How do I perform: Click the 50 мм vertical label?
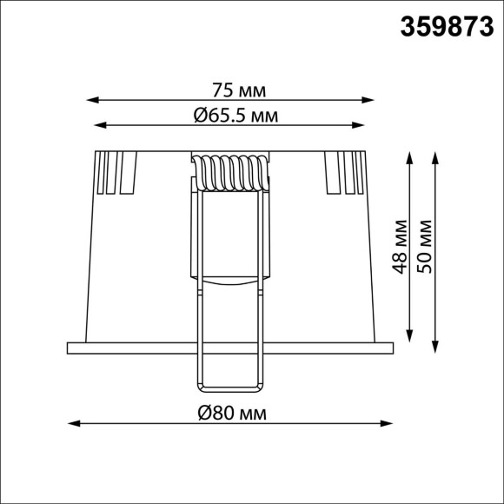(424, 247)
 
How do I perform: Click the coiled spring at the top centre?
(230, 172)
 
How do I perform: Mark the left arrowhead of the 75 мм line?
(94, 99)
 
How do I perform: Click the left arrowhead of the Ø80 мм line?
(72, 424)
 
